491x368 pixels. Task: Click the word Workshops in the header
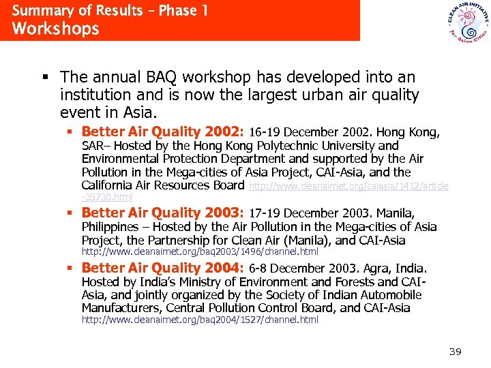(x=56, y=29)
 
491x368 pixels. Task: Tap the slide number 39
(x=456, y=352)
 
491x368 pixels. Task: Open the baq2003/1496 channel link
(x=200, y=252)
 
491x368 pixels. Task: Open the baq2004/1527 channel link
(x=200, y=320)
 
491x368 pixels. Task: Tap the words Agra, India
(x=406, y=269)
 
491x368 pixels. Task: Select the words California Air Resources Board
(x=162, y=185)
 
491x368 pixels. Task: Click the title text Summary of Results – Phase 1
(x=110, y=11)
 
